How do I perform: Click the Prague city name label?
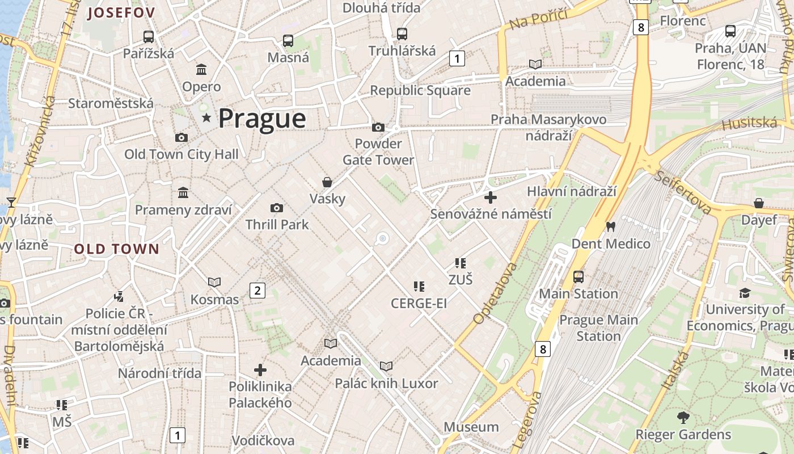262,119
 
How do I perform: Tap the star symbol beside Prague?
206,118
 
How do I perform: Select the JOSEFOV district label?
121,13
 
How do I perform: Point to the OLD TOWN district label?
117,249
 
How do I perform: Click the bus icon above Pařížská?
149,37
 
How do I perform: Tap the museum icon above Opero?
201,69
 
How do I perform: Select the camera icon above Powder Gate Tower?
378,127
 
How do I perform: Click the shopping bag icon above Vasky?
327,182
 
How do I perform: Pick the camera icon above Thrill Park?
277,208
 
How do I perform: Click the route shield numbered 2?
257,291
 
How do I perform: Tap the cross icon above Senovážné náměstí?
491,197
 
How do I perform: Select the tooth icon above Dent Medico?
611,226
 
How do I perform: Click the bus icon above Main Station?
578,277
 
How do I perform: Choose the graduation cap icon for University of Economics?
745,293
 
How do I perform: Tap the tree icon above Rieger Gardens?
683,418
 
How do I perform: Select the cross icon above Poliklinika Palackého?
260,370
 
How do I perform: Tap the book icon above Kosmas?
214,282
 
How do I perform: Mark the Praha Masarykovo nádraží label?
548,128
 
